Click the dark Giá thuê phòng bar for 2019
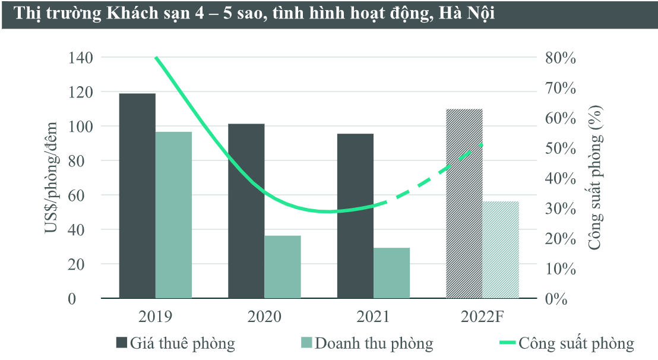point(137,196)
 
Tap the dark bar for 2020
point(246,211)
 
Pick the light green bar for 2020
point(282,267)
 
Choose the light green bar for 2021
point(391,273)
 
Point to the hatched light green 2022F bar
point(501,250)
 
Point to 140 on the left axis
point(80,58)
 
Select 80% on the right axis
point(560,58)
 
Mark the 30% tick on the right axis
point(560,209)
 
